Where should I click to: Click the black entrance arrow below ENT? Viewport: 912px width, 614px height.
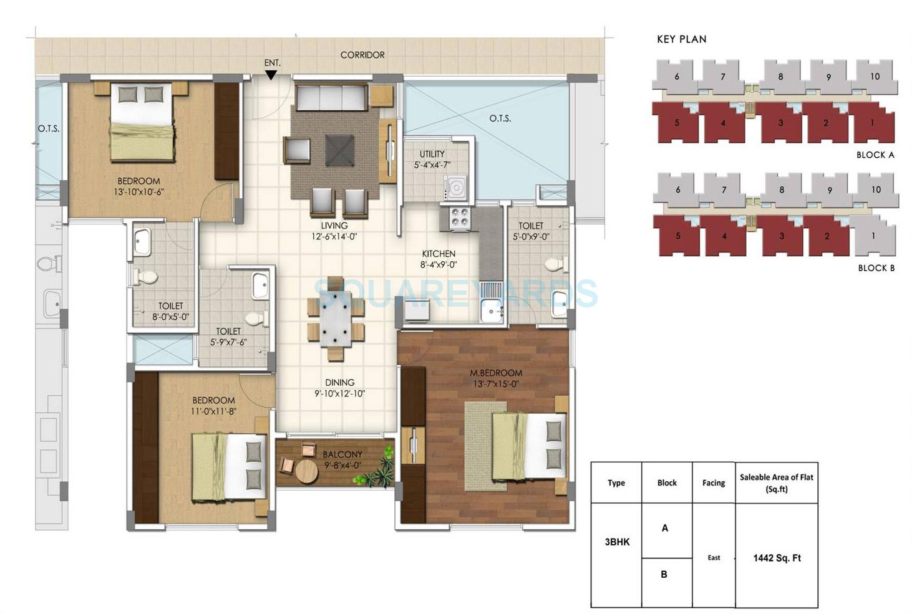(x=271, y=75)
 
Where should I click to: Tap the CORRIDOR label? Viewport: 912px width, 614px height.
(x=362, y=55)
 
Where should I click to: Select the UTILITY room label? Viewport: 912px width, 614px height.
(x=432, y=154)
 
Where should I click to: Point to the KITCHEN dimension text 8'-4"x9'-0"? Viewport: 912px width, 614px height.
(x=439, y=264)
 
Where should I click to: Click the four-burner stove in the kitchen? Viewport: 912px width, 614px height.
(x=460, y=217)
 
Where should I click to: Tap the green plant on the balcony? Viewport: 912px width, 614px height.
(x=376, y=474)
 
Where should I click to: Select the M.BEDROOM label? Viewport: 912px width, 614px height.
(x=496, y=373)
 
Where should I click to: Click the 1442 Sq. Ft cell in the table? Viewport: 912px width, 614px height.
(x=777, y=558)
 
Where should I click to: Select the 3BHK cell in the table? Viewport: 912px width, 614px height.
(x=617, y=542)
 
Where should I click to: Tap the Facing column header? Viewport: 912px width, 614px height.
(x=714, y=482)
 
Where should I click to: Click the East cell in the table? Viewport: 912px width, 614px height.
(x=714, y=558)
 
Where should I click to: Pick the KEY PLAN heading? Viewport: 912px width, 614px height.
(x=681, y=39)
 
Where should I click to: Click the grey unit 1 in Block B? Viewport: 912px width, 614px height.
(x=874, y=236)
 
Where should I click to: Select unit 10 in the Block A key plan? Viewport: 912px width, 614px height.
(x=875, y=77)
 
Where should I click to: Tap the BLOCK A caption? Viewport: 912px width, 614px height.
(x=875, y=155)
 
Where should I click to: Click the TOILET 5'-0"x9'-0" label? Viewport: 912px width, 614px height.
(x=531, y=226)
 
